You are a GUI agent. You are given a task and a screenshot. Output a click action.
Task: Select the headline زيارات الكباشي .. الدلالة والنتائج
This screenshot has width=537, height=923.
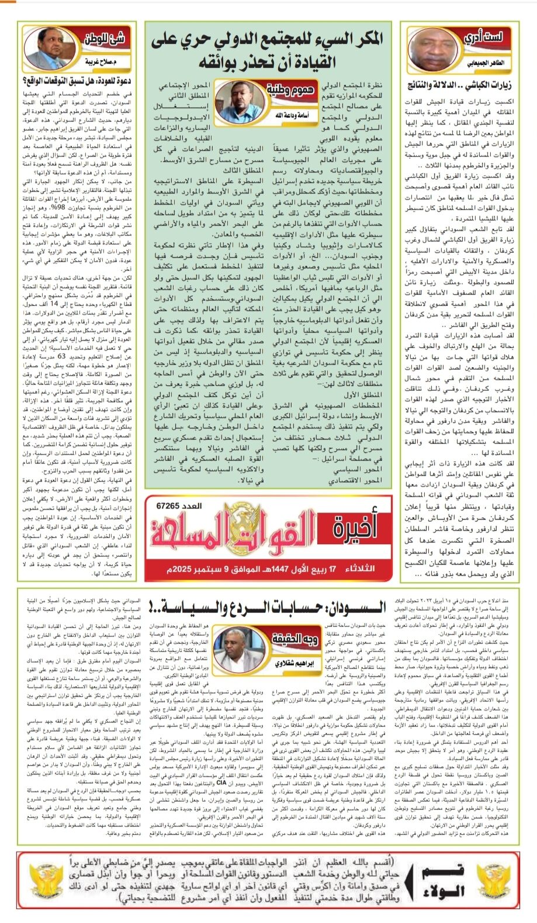pyautogui.click(x=459, y=85)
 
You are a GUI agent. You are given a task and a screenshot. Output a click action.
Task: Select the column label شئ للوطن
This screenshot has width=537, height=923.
pyautogui.click(x=104, y=40)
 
